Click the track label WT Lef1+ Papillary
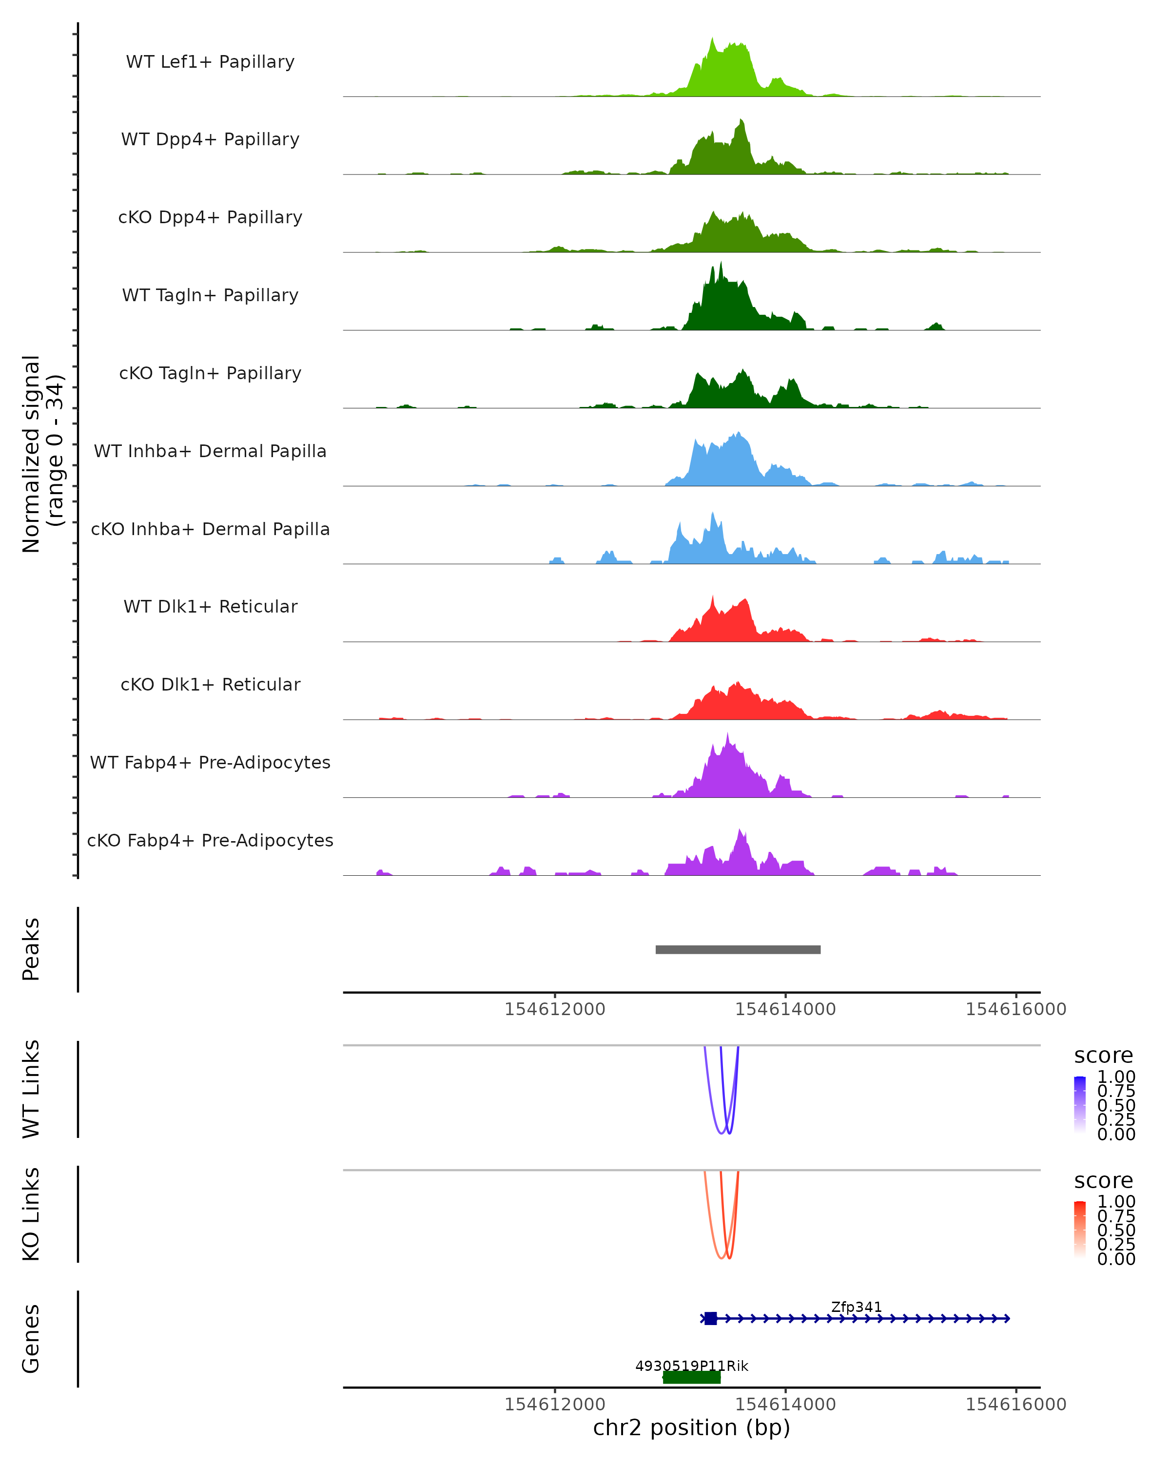tap(210, 62)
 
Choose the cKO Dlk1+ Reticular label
tap(210, 684)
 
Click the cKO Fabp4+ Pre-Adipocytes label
tap(210, 840)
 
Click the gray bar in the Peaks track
tap(738, 949)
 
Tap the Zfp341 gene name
tap(856, 1307)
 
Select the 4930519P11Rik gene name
tap(691, 1366)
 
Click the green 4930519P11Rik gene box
tap(691, 1377)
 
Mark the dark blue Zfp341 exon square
tap(710, 1318)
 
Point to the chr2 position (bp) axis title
tap(691, 1427)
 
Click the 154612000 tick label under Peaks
tap(554, 1009)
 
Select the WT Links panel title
tap(31, 1089)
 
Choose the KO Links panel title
tap(31, 1214)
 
